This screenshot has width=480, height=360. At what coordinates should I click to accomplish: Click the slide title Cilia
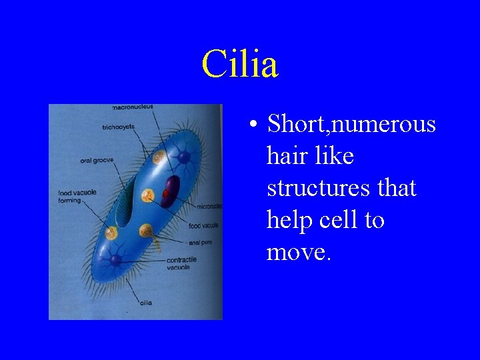click(x=240, y=65)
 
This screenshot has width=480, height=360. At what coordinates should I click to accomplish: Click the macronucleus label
click(x=133, y=107)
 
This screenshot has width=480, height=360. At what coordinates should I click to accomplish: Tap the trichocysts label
click(x=118, y=127)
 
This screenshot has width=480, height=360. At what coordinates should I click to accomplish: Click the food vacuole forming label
click(x=77, y=196)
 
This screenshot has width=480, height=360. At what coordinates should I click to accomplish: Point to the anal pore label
click(x=200, y=243)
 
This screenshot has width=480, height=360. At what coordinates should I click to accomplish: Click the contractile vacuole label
click(x=178, y=263)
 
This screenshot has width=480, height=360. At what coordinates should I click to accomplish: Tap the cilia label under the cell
click(x=146, y=303)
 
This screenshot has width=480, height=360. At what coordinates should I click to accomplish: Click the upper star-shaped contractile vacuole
click(x=183, y=158)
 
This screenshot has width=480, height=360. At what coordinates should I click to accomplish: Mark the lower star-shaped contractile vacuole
click(x=117, y=258)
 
